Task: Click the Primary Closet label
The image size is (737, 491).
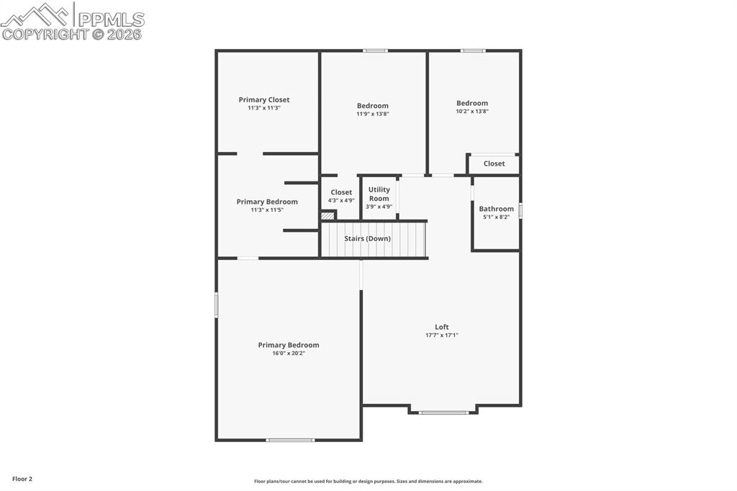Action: click(x=264, y=100)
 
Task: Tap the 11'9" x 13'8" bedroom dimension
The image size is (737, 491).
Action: click(x=372, y=114)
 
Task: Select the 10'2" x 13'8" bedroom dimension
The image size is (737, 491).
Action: click(x=471, y=111)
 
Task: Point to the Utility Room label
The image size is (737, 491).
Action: click(x=379, y=194)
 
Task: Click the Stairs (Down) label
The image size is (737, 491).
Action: click(x=367, y=238)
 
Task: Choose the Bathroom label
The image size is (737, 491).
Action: click(x=496, y=209)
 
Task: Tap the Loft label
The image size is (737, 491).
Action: click(x=441, y=327)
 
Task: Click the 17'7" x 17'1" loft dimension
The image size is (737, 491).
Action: click(x=441, y=335)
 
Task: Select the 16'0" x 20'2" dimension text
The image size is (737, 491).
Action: click(x=288, y=353)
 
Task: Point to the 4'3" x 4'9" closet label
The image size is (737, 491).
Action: click(x=341, y=200)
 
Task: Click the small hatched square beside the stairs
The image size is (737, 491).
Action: click(x=328, y=215)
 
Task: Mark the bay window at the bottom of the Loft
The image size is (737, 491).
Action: click(x=443, y=413)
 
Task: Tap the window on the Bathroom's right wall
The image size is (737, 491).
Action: click(x=520, y=210)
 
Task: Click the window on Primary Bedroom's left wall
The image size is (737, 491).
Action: click(x=216, y=304)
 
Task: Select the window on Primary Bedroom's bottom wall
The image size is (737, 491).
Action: click(x=290, y=440)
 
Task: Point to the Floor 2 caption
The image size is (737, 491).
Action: click(x=22, y=479)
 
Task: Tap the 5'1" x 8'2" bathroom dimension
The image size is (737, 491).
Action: click(x=496, y=217)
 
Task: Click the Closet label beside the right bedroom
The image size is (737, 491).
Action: click(x=494, y=163)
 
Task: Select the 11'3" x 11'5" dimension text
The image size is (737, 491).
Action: click(x=266, y=210)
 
